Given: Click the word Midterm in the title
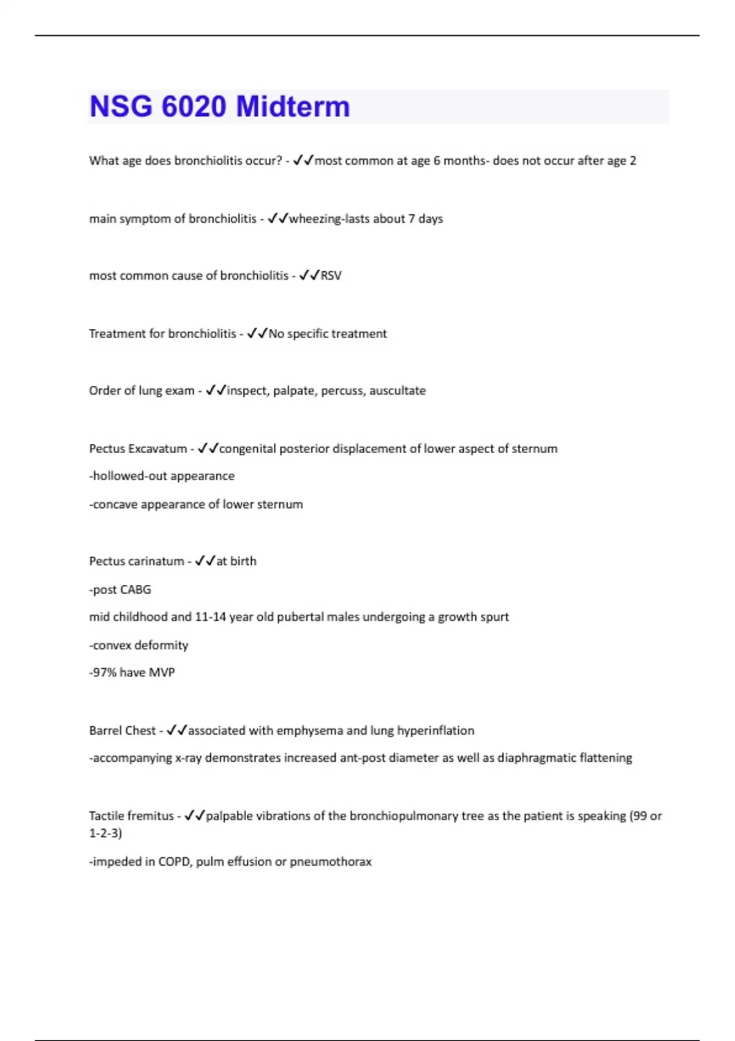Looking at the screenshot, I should [293, 107].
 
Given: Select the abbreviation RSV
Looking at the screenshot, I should [331, 276].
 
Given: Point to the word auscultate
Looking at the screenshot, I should [397, 391].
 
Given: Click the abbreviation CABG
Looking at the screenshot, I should [135, 590].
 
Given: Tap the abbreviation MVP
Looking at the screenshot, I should [162, 672].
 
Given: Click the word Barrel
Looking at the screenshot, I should [105, 731].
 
